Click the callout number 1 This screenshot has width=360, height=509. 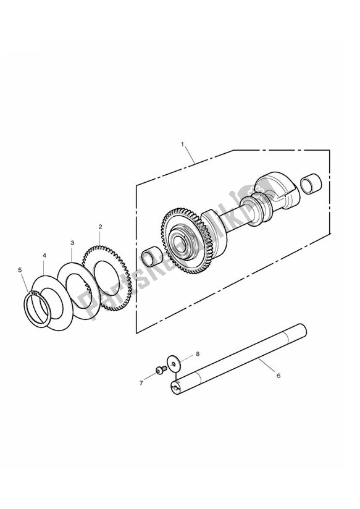click(x=182, y=143)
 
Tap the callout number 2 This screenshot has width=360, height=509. click(x=100, y=227)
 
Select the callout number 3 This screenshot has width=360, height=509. click(x=72, y=243)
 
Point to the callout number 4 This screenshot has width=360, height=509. click(x=44, y=256)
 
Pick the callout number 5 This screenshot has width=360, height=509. click(x=20, y=270)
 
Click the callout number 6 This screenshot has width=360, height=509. click(x=278, y=376)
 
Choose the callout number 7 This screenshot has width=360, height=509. click(x=141, y=383)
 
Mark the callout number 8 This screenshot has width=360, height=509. click(x=198, y=354)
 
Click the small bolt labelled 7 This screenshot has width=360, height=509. click(x=161, y=370)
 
